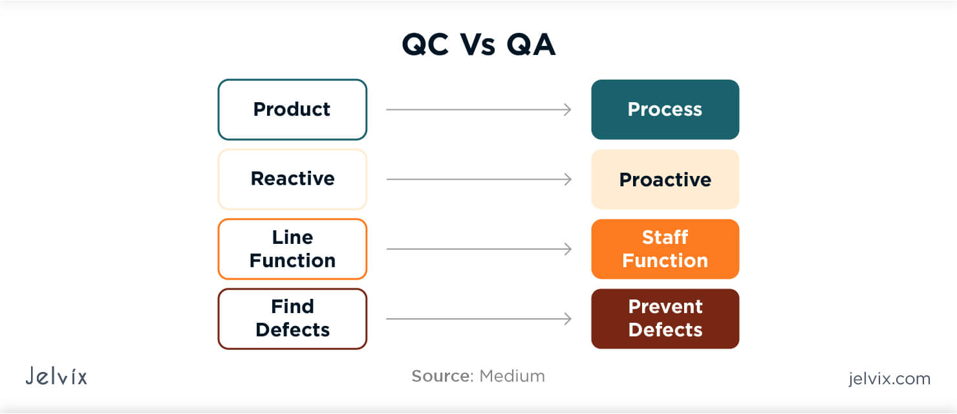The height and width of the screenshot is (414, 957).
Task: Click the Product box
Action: (292, 109)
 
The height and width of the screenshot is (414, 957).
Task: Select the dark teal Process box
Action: (665, 109)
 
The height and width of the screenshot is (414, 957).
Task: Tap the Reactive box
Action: (292, 179)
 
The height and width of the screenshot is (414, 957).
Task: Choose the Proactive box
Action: (665, 179)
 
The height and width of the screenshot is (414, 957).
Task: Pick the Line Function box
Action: (292, 249)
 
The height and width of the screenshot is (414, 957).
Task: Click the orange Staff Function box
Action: (665, 249)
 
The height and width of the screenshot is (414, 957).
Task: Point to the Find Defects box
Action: (292, 319)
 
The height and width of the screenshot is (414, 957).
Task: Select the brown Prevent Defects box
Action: (665, 319)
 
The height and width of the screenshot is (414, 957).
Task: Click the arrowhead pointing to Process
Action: (568, 109)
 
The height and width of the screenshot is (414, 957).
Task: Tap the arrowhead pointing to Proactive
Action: (568, 179)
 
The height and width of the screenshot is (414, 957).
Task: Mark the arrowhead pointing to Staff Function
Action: (568, 249)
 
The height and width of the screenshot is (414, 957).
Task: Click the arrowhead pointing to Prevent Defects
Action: (568, 319)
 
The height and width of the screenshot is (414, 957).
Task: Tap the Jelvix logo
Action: (56, 376)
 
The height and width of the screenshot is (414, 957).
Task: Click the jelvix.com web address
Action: (889, 378)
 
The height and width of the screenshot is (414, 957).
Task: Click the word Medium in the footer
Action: (511, 376)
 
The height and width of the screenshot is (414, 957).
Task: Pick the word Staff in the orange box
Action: (665, 237)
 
